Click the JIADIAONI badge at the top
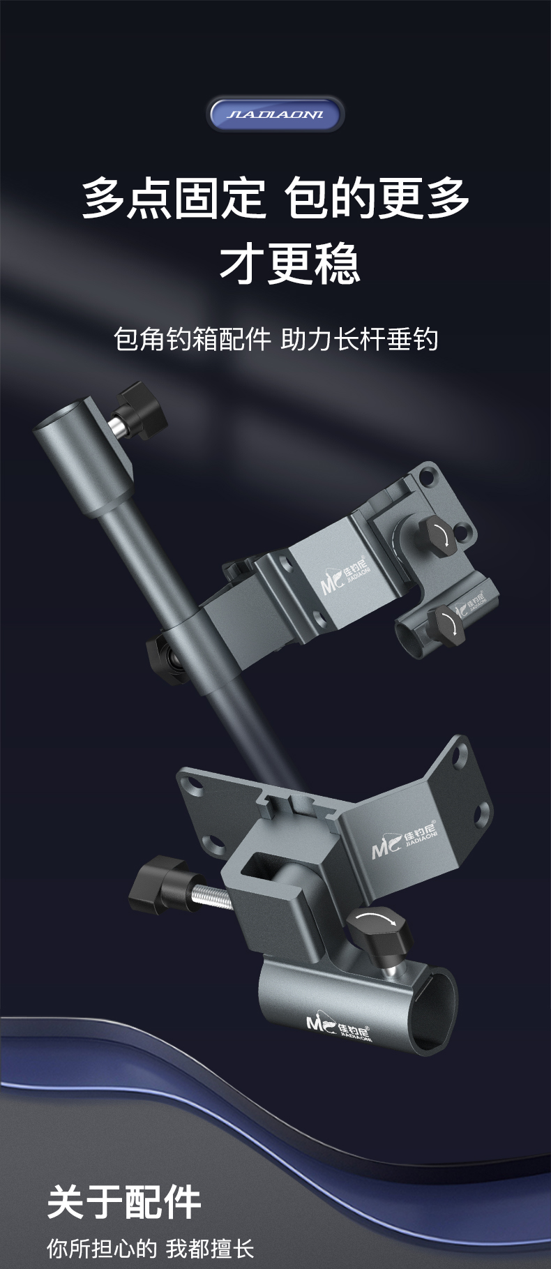point(275,114)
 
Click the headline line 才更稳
point(289,264)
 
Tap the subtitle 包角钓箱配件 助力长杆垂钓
point(275,339)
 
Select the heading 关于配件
point(125,1201)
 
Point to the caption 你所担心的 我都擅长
point(151,1248)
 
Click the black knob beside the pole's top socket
point(143,412)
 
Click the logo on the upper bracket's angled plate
point(346,578)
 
